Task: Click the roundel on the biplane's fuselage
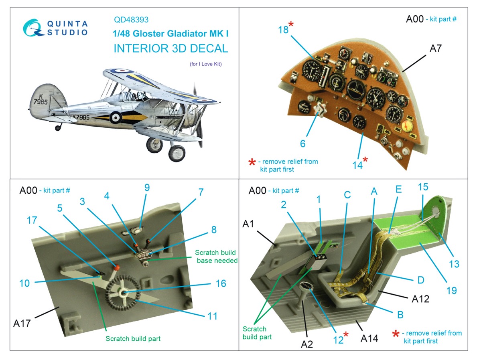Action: click(x=116, y=117)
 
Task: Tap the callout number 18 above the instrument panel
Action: click(x=283, y=29)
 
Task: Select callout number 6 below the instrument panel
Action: click(x=303, y=144)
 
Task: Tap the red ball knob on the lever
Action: click(x=118, y=266)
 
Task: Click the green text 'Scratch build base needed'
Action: click(x=215, y=257)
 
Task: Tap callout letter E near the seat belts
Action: click(x=398, y=189)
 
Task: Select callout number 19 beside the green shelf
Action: click(x=451, y=290)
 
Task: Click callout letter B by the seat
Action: click(x=400, y=315)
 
